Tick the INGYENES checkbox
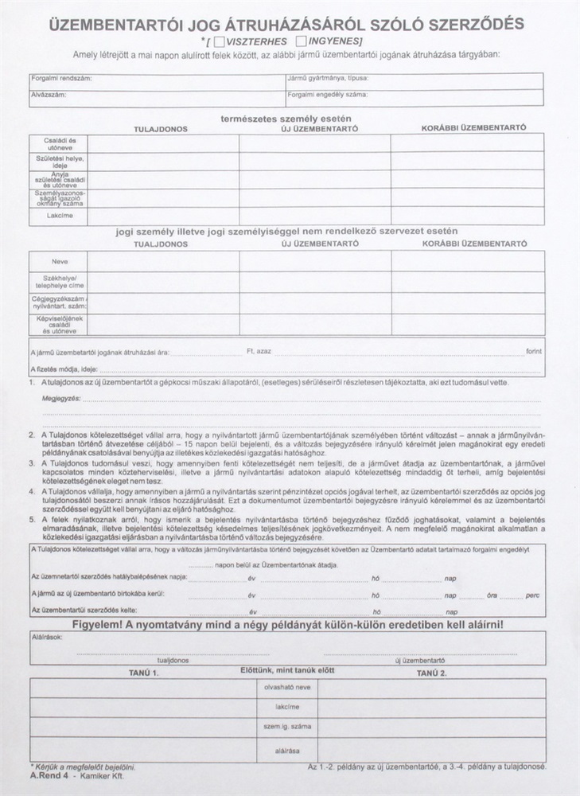point(301,41)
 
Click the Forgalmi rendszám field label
point(59,80)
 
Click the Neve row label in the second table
point(59,260)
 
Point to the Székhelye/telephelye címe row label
point(59,282)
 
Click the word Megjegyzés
point(61,397)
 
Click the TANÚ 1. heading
point(145,673)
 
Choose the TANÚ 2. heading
point(432,673)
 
